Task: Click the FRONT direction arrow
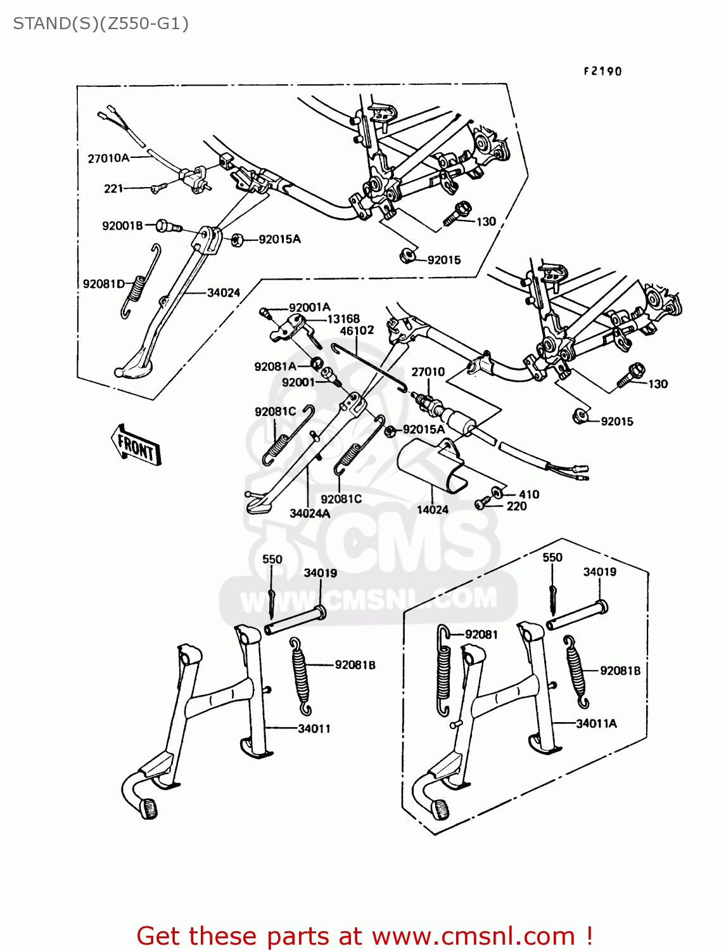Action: [x=136, y=446]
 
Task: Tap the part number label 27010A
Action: [x=108, y=158]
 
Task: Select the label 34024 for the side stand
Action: [x=224, y=292]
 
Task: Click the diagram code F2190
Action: [x=602, y=71]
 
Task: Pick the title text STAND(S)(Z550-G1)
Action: [x=101, y=24]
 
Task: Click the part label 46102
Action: [x=357, y=330]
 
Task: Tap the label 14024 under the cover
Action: [x=433, y=509]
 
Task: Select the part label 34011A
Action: [x=596, y=723]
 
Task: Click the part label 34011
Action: [x=314, y=728]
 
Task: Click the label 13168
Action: [x=343, y=319]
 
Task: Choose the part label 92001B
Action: [x=122, y=225]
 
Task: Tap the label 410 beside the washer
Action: [x=529, y=494]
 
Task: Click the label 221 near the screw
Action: [x=113, y=188]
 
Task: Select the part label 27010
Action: [x=428, y=372]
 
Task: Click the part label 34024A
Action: [x=310, y=513]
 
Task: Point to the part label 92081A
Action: [x=275, y=366]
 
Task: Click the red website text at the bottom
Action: [x=364, y=936]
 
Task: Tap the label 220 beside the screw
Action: [x=516, y=506]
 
